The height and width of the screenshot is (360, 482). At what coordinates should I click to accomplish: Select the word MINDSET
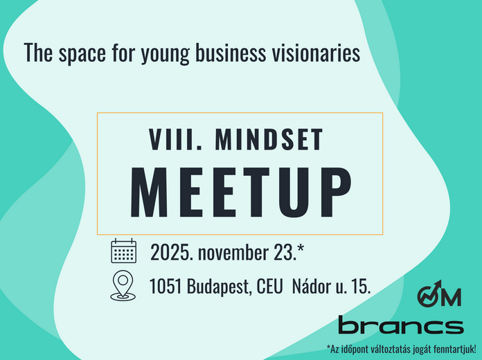269,140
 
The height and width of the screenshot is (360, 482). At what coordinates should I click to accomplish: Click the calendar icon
124,251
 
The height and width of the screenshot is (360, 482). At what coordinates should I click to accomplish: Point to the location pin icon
123,285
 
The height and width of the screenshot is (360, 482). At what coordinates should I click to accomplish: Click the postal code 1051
166,286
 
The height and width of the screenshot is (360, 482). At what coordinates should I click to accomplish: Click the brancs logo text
400,325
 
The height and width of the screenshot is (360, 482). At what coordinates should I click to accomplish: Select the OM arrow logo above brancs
438,295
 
